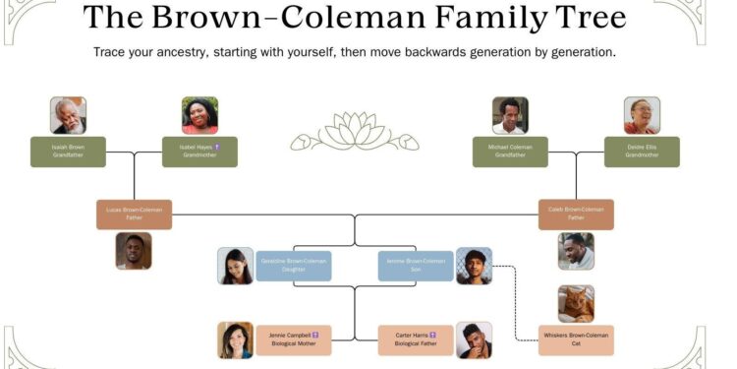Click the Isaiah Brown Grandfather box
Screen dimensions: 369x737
[68, 152]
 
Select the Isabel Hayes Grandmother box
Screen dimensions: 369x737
[199, 152]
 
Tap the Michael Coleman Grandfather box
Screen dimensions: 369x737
[510, 152]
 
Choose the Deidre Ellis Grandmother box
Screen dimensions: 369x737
[642, 152]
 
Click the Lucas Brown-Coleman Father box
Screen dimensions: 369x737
[134, 214]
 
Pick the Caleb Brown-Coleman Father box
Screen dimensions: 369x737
[576, 214]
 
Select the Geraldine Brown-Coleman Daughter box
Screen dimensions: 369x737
[294, 266]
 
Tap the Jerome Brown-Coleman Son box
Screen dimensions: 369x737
[416, 266]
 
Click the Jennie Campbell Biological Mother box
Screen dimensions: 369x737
[294, 340]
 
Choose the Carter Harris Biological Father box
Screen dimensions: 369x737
[416, 340]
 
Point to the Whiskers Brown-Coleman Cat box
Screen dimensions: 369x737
[576, 340]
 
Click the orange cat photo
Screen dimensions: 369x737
[576, 303]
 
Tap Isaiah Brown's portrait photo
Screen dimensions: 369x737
[68, 115]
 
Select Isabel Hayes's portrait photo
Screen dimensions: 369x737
[199, 115]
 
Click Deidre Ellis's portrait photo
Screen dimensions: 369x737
[642, 115]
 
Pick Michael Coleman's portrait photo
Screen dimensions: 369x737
[510, 115]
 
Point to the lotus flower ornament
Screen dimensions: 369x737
[355, 132]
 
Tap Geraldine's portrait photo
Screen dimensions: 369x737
[236, 266]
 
